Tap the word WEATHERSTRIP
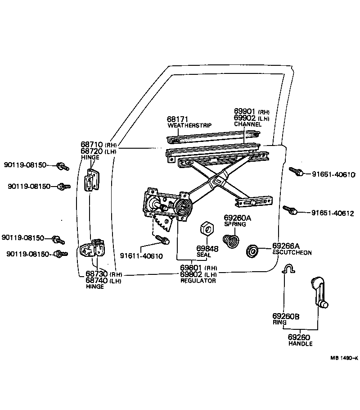pyautogui.click(x=189, y=125)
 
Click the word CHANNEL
pyautogui.click(x=247, y=124)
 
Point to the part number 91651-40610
pyautogui.click(x=333, y=174)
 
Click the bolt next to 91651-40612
pyautogui.click(x=289, y=210)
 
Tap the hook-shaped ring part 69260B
pyautogui.click(x=287, y=269)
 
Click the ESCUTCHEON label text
pyautogui.click(x=292, y=253)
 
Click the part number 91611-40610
pyautogui.click(x=141, y=256)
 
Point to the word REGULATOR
pyautogui.click(x=198, y=281)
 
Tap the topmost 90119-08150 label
pyautogui.click(x=25, y=165)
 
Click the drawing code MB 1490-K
pyautogui.click(x=344, y=358)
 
